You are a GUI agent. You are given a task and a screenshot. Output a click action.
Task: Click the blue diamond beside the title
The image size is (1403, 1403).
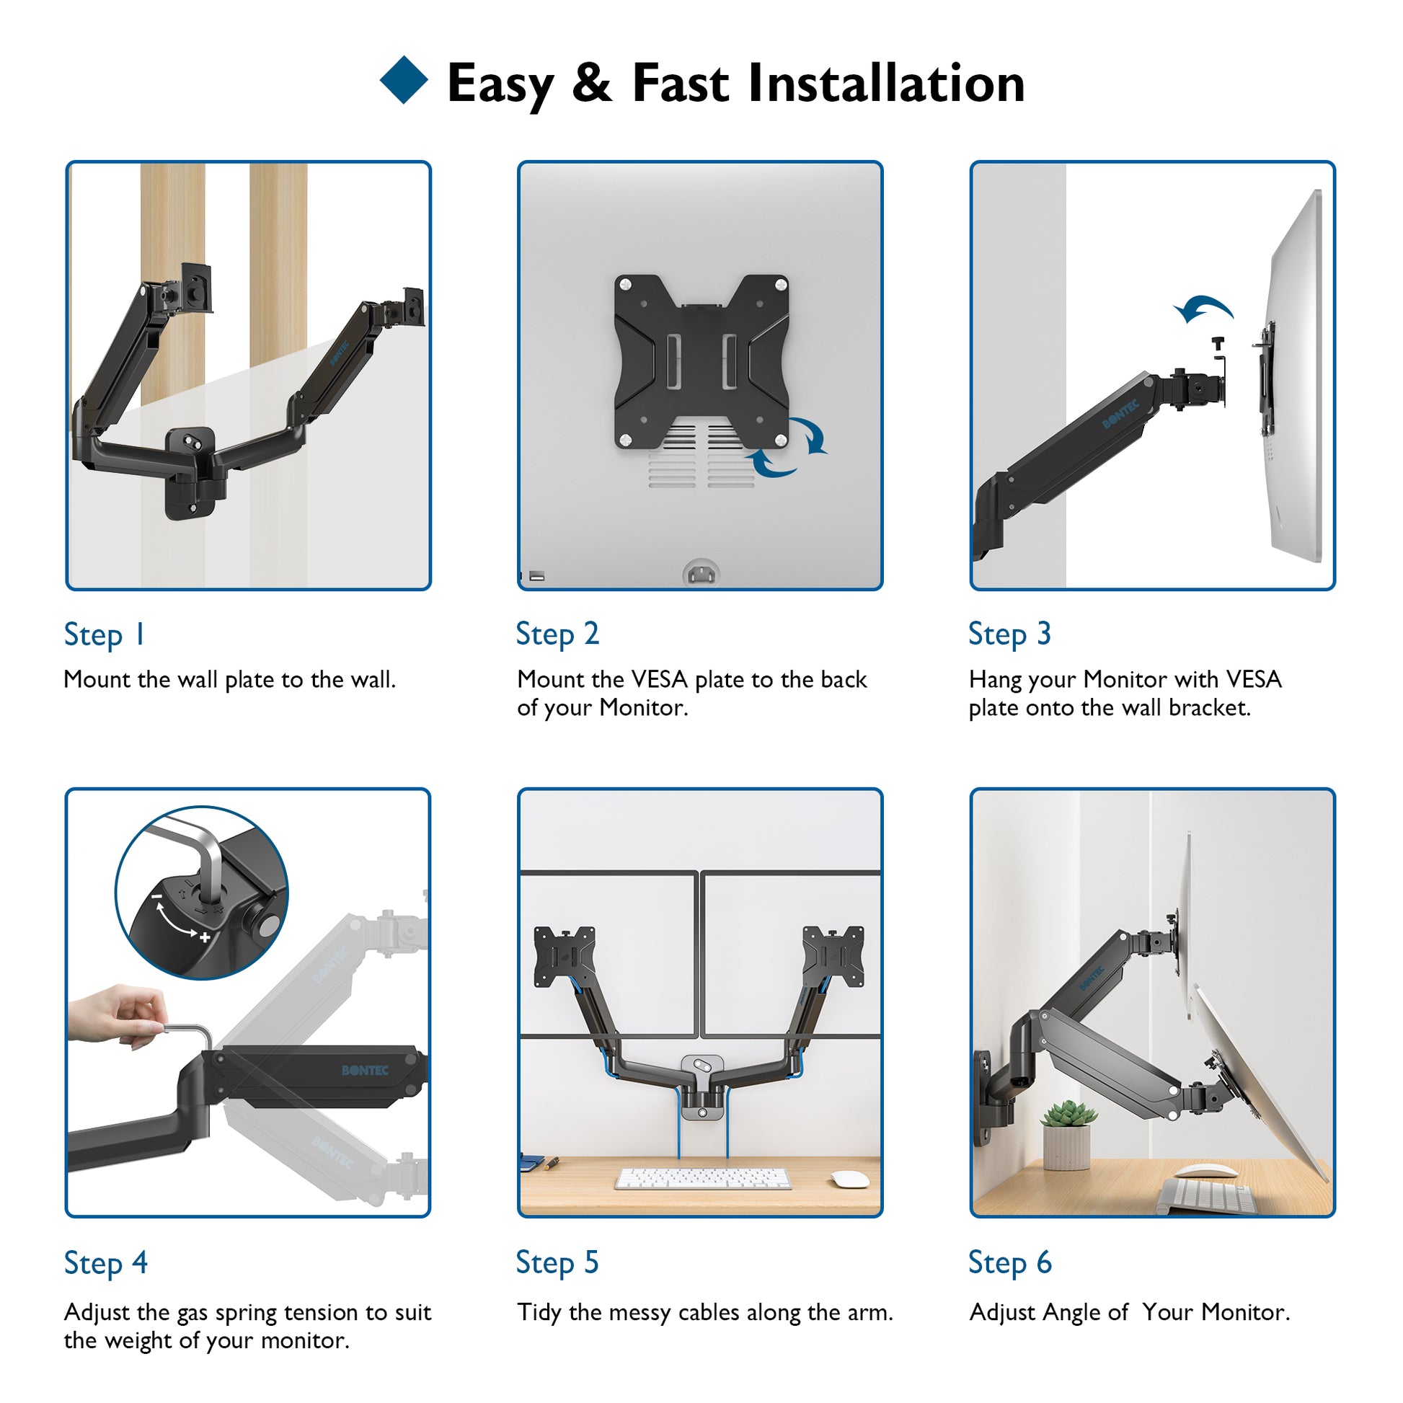click(x=404, y=80)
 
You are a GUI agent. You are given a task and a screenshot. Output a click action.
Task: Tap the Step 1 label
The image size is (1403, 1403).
click(x=105, y=635)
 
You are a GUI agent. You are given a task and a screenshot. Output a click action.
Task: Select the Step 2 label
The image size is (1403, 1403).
click(x=557, y=634)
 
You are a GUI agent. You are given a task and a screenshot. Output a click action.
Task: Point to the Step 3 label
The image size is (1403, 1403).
click(x=1009, y=634)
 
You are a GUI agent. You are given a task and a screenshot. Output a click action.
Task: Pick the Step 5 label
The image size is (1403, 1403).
click(x=557, y=1263)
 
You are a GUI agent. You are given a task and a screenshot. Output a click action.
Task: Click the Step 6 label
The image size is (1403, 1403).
click(x=1010, y=1263)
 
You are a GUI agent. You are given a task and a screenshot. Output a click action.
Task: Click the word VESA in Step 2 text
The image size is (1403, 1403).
click(x=660, y=680)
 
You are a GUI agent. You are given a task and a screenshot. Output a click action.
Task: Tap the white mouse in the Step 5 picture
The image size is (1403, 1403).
click(x=849, y=1179)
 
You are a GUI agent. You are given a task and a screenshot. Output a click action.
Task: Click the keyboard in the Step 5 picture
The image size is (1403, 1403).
click(x=703, y=1179)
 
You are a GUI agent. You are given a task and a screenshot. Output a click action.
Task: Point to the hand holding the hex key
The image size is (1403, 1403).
click(x=118, y=1015)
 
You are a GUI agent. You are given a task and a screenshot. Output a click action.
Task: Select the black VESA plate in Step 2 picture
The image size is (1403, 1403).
click(x=701, y=362)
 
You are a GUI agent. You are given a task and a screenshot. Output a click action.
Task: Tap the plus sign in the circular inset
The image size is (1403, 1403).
click(x=205, y=937)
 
